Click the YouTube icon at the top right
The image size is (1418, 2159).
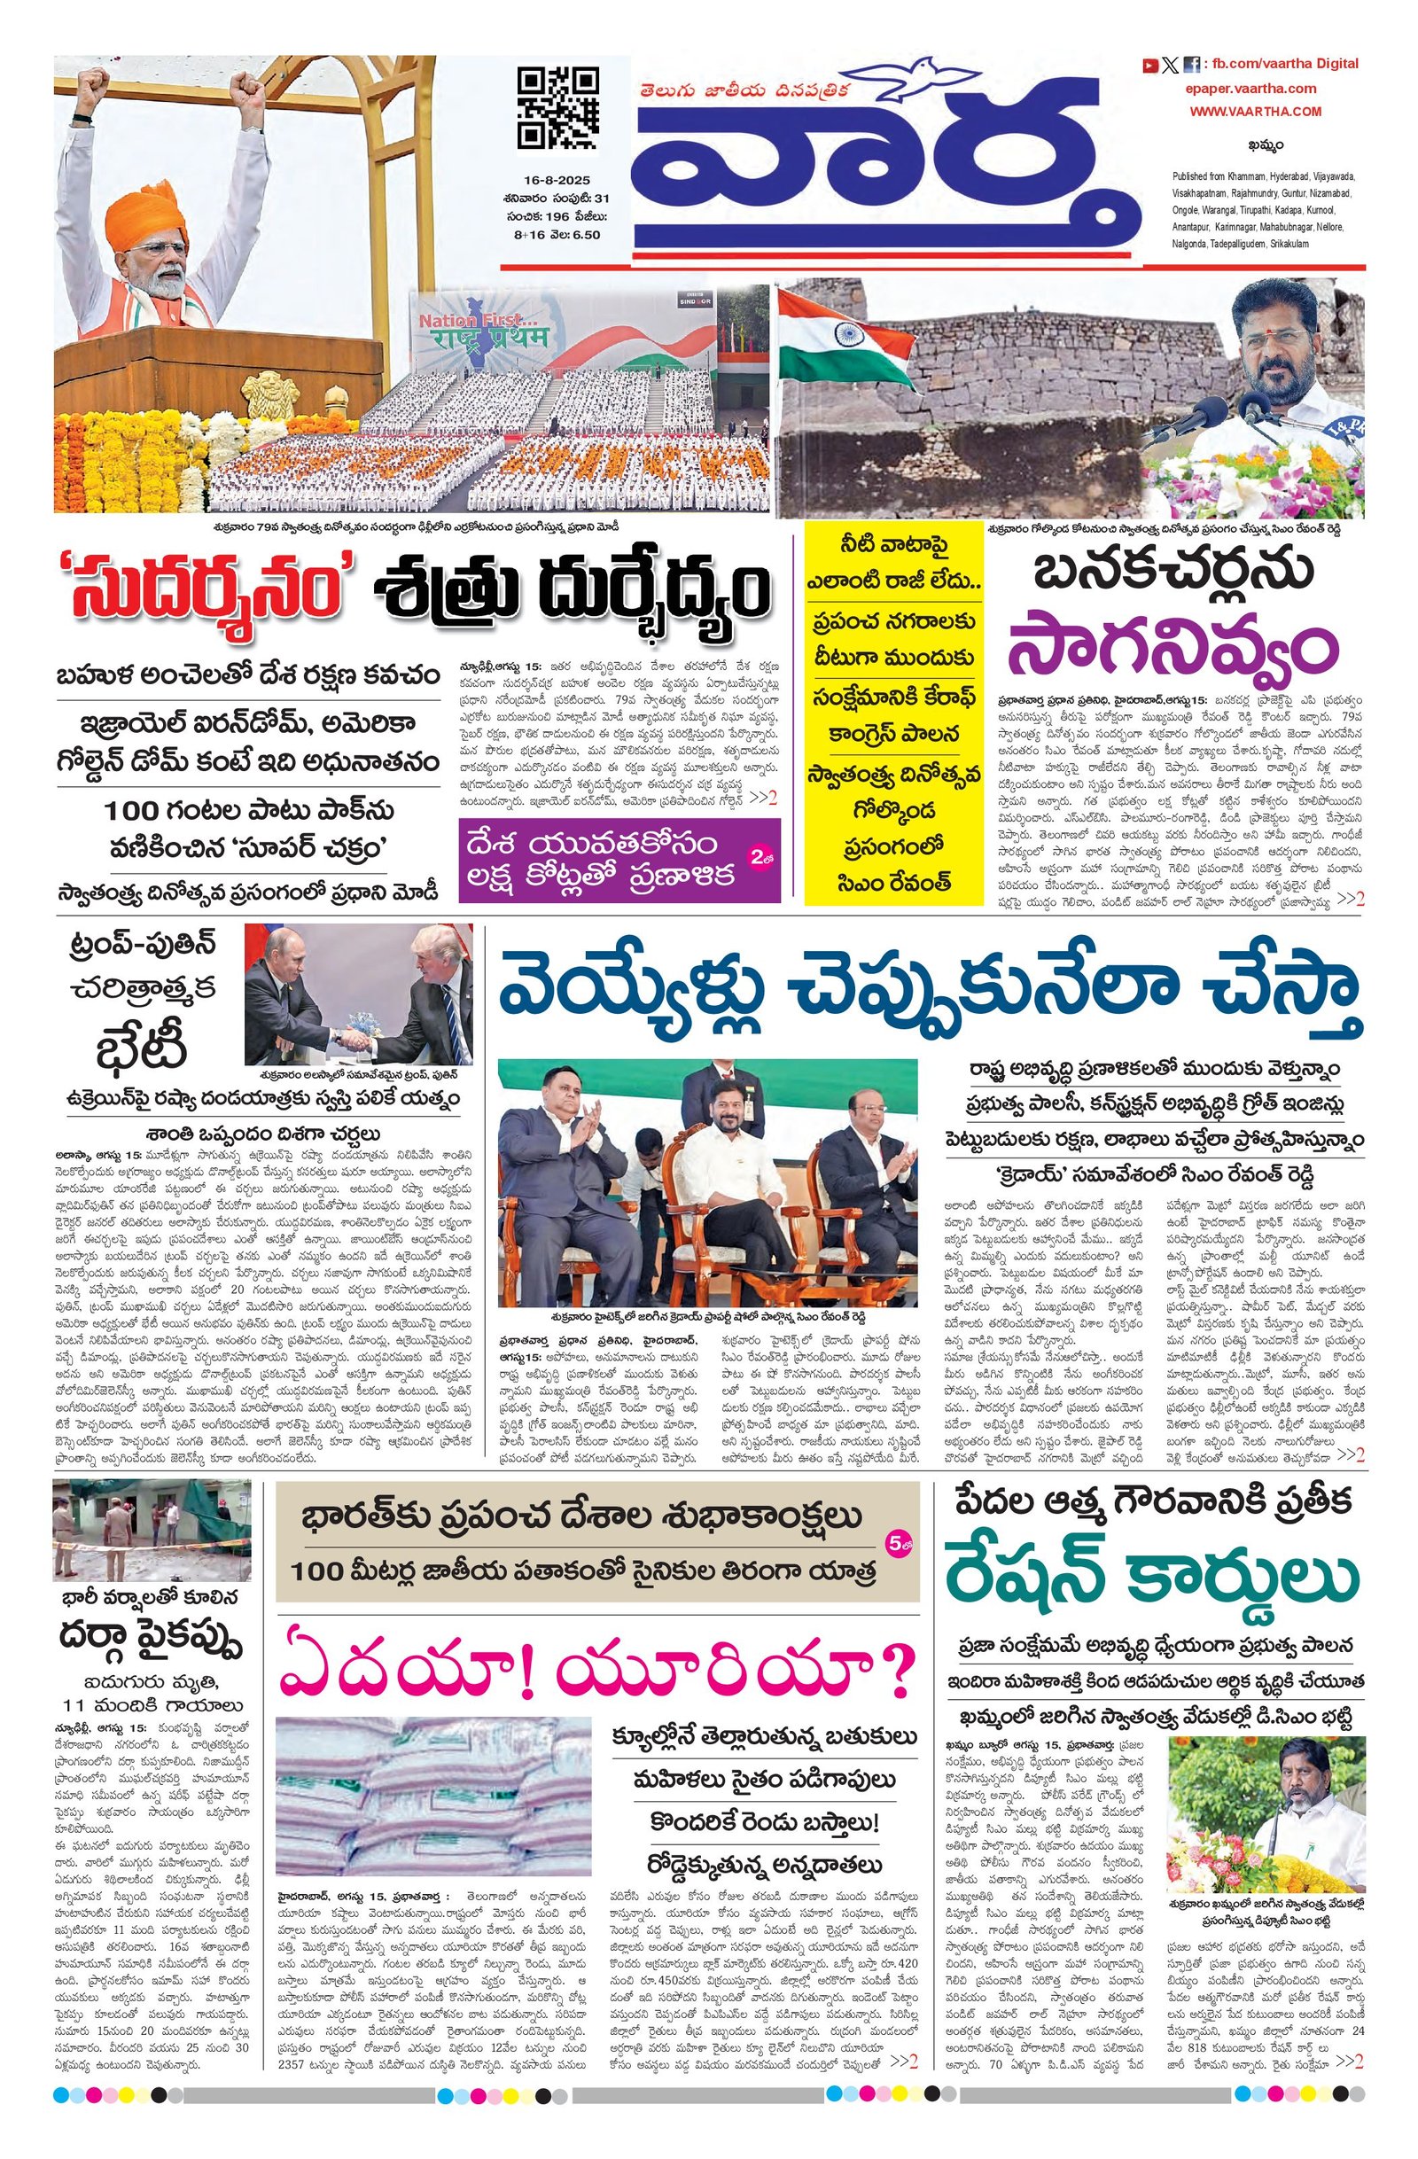1149,65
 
